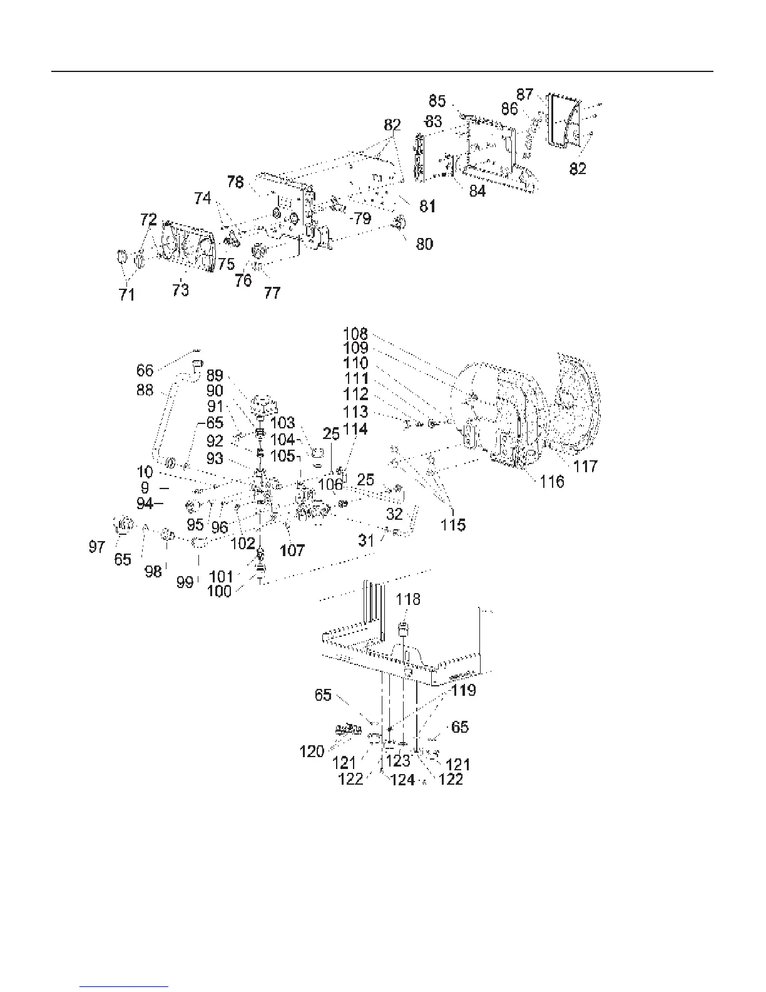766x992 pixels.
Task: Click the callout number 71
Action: click(127, 294)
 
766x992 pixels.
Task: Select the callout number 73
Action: click(180, 290)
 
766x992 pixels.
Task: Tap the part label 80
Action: click(424, 244)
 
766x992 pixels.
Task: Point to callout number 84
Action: click(477, 190)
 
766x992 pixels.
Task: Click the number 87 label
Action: click(524, 95)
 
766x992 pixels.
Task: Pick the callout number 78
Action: click(235, 182)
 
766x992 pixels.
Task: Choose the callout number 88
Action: click(145, 390)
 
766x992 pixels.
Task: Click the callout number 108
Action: click(355, 334)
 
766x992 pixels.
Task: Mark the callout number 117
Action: click(585, 466)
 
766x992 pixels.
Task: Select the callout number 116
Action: click(552, 482)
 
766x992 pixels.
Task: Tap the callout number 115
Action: click(452, 525)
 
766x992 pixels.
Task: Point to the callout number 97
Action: click(97, 547)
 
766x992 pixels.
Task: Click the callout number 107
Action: click(292, 550)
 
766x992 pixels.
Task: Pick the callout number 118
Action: click(408, 599)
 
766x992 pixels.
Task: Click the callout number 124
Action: click(403, 780)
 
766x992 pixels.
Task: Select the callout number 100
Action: click(219, 591)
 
